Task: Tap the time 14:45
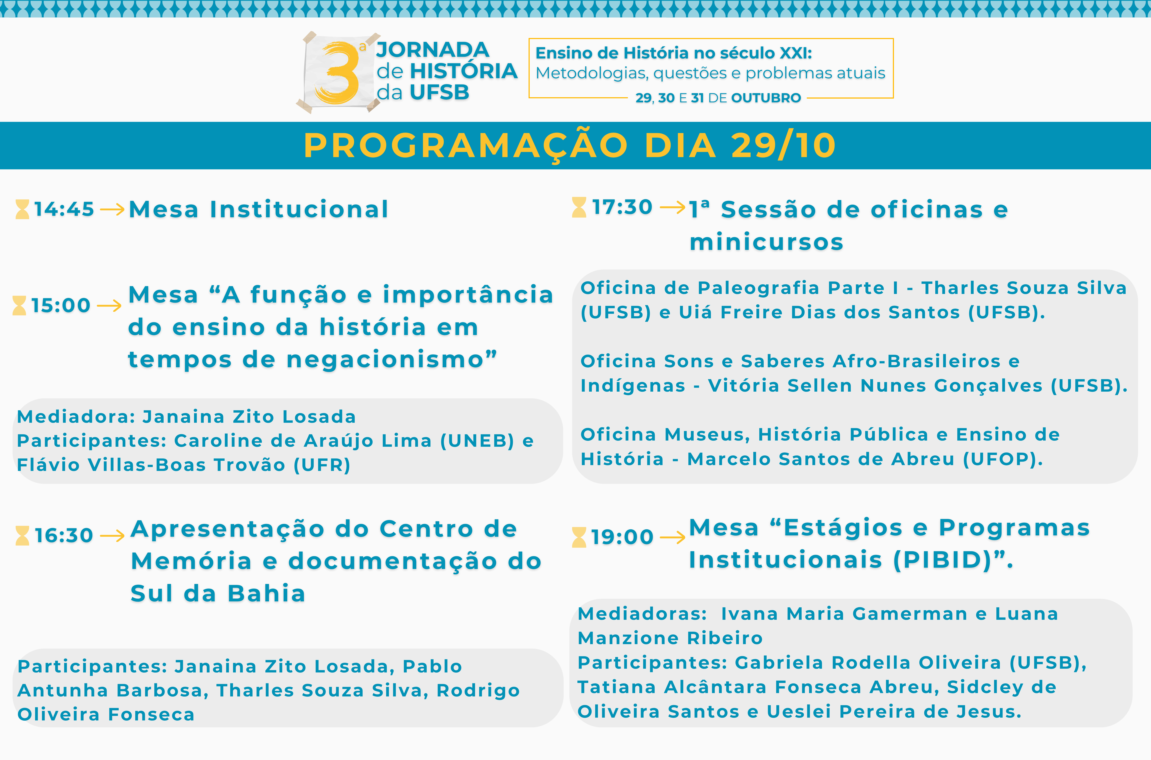click(64, 209)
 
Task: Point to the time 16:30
click(64, 536)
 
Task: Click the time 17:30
click(622, 207)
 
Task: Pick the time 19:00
click(622, 537)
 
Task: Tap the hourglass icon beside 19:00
click(579, 537)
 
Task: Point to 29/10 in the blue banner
click(783, 145)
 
